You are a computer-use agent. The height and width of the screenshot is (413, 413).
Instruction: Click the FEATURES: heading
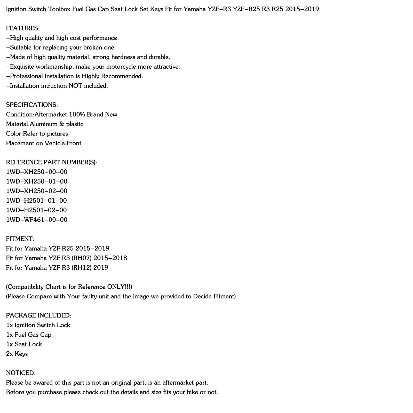(23, 28)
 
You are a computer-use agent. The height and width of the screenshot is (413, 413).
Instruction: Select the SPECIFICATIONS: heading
(32, 105)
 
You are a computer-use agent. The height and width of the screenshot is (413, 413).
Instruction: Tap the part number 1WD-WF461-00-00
(37, 220)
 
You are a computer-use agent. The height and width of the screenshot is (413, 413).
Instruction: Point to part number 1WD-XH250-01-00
(37, 181)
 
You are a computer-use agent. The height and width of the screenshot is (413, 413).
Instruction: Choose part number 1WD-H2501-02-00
(36, 210)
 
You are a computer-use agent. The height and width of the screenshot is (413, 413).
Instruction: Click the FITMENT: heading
(20, 239)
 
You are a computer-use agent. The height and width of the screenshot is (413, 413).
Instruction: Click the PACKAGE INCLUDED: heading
(39, 315)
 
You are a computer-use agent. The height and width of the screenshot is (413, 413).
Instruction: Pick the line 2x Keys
(17, 354)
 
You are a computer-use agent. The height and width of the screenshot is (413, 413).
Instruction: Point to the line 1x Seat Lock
(24, 344)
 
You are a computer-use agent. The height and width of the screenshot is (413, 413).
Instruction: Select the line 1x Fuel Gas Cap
(29, 335)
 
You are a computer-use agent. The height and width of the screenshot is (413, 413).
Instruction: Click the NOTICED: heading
(21, 373)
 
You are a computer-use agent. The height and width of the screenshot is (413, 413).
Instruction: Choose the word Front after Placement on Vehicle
(74, 143)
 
